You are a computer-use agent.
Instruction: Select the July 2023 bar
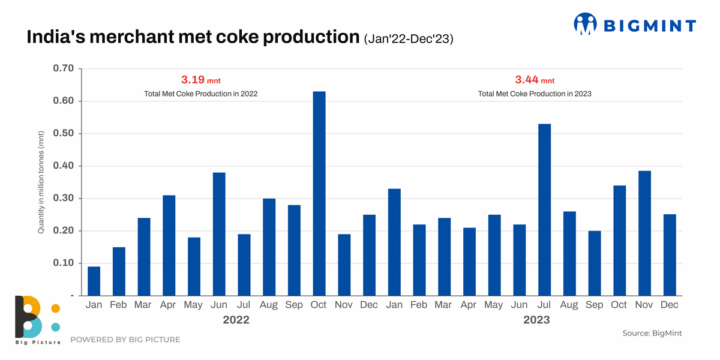coord(544,209)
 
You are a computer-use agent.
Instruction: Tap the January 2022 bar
coord(94,281)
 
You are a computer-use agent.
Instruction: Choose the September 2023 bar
coord(594,263)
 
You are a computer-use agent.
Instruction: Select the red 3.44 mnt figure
coord(535,80)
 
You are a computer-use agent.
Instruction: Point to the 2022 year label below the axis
coord(236,320)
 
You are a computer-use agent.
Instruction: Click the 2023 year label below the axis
coord(536,320)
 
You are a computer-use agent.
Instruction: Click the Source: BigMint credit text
coord(652,333)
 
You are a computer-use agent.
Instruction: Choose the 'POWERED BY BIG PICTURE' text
coord(125,340)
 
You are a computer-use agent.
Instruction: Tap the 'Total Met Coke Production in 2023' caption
coord(535,94)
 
